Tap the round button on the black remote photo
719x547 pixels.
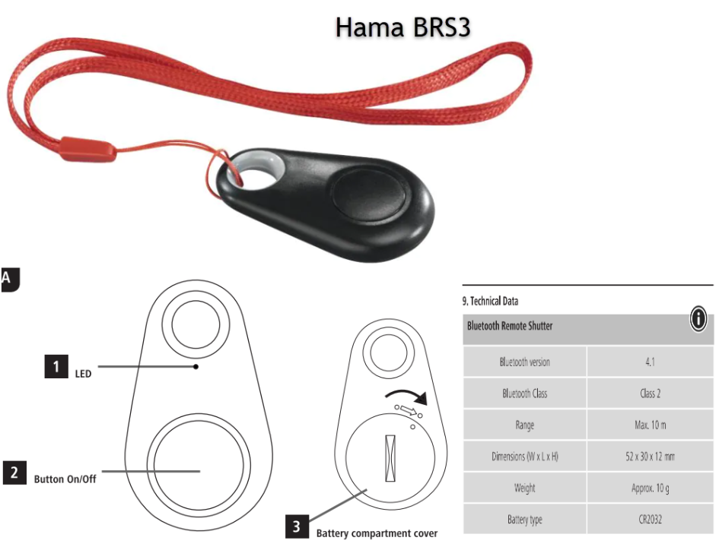[370, 194]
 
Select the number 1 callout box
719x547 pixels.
[55, 367]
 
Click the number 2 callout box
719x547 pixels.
[14, 473]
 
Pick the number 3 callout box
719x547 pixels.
[297, 526]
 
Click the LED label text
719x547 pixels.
[83, 374]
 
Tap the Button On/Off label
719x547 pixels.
[65, 479]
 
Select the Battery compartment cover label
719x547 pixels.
[377, 533]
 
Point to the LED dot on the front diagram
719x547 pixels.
[196, 367]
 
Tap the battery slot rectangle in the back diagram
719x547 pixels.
[392, 458]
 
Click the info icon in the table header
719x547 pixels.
[698, 320]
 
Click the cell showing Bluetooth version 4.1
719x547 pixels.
[650, 362]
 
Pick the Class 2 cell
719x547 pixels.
[650, 394]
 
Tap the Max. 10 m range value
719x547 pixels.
[650, 425]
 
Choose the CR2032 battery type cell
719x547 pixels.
[650, 520]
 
